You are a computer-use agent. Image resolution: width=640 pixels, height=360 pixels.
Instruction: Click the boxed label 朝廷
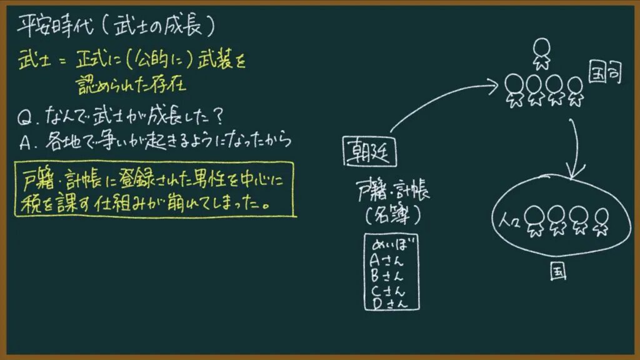(369, 151)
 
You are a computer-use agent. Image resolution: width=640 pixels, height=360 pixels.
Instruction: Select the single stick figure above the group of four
(542, 54)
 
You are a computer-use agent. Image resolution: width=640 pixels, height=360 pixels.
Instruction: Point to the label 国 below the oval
(558, 272)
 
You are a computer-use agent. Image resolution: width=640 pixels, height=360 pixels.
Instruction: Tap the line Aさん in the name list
(386, 261)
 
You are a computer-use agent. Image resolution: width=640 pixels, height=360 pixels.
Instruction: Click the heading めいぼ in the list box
(392, 244)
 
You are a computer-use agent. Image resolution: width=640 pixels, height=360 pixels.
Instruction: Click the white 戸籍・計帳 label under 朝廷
(392, 191)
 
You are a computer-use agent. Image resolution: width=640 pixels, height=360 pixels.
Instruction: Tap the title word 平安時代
(55, 26)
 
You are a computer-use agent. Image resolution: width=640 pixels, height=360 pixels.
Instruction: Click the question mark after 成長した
(219, 117)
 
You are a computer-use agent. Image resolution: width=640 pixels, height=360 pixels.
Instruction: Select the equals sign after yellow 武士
(62, 62)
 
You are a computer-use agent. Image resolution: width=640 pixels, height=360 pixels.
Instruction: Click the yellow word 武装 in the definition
(214, 60)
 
